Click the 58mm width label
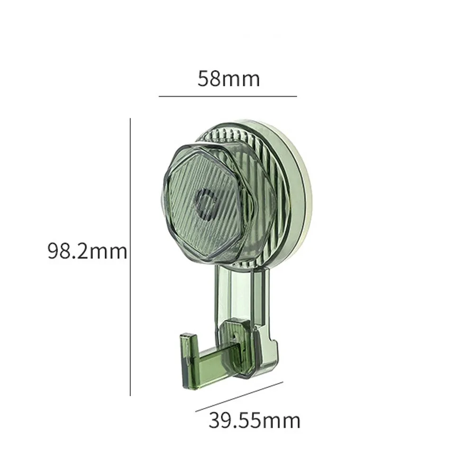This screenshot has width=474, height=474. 229,79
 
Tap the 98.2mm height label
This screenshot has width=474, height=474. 87,251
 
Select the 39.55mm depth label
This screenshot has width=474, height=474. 254,420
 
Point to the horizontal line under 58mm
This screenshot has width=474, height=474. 228,96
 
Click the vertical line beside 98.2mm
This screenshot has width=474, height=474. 130,256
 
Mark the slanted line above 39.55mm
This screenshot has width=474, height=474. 239,397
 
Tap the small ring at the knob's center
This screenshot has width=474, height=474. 207,204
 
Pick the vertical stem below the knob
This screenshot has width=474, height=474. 242,294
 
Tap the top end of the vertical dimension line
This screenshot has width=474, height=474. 130,119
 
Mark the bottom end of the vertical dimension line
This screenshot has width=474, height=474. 130,395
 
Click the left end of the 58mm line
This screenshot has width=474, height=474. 159,96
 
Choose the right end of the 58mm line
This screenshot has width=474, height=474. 296,96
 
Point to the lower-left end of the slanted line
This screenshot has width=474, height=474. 196,411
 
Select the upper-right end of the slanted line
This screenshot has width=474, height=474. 283,383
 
